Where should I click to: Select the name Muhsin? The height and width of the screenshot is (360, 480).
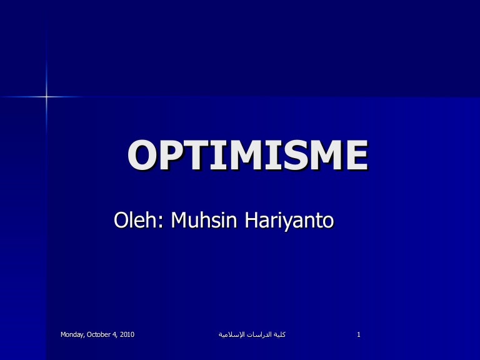coord(199,220)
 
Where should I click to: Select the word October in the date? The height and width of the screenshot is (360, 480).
coord(101,334)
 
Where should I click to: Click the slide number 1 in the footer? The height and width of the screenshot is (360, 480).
coord(359,334)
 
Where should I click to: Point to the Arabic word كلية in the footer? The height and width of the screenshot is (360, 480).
coord(279,334)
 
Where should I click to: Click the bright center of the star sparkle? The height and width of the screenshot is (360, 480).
coord(46,96)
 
